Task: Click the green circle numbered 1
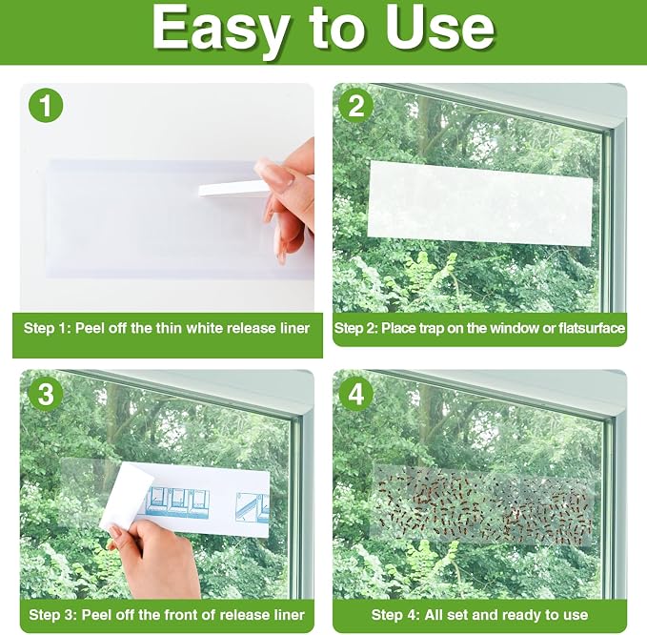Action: coord(46,105)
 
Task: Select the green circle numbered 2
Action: coord(356,105)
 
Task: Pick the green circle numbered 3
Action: coord(46,394)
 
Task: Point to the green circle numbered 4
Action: coord(356,394)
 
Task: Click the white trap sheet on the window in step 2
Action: coord(480,203)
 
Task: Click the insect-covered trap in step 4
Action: coord(483,505)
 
